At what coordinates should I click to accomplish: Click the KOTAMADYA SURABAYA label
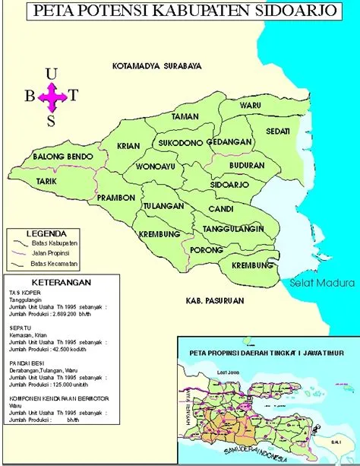(x=156, y=66)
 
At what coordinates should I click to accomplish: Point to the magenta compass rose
(x=52, y=96)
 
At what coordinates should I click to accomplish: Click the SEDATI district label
(x=278, y=131)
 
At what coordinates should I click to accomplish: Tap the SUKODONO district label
(x=180, y=142)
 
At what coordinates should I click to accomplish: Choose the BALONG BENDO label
(x=63, y=157)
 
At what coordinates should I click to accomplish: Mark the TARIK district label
(x=47, y=182)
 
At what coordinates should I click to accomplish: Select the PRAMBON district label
(x=116, y=198)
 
